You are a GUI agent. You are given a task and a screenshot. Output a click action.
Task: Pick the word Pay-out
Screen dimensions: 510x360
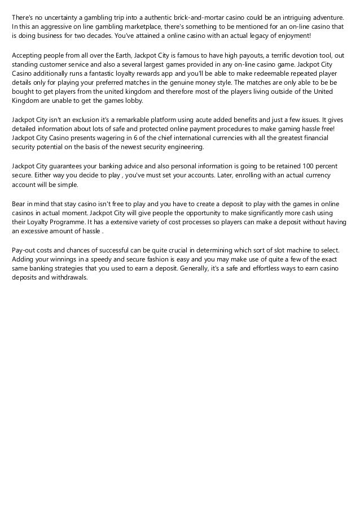pos(24,250)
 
